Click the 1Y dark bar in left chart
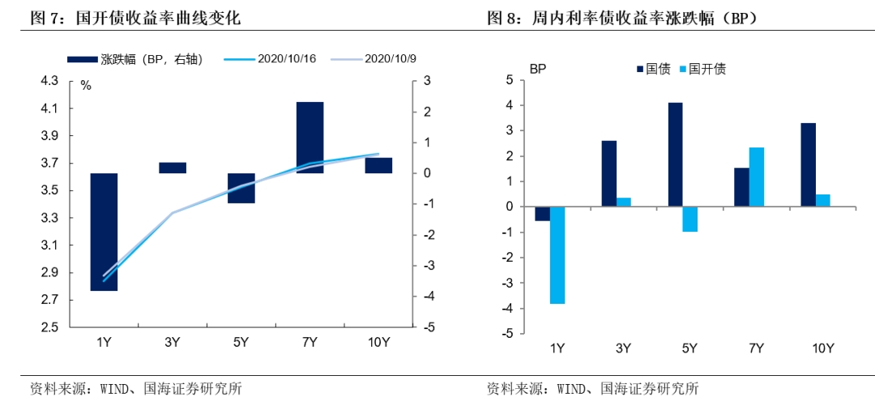pyautogui.click(x=104, y=232)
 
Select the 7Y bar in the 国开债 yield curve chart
pyautogui.click(x=309, y=138)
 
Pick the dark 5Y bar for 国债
pyautogui.click(x=676, y=155)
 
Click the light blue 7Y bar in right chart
pyautogui.click(x=756, y=177)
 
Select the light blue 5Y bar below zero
pyautogui.click(x=689, y=220)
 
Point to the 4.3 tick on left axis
pyautogui.click(x=50, y=81)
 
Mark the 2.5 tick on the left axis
pyautogui.click(x=50, y=327)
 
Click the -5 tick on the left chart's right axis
pyautogui.click(x=427, y=327)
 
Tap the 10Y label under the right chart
pyautogui.click(x=822, y=348)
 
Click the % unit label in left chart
pyautogui.click(x=85, y=85)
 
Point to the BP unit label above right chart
pyautogui.click(x=538, y=69)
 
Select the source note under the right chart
pyautogui.click(x=592, y=389)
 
